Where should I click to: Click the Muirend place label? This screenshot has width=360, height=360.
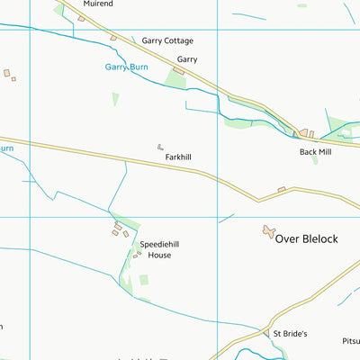pyautogui.click(x=99, y=4)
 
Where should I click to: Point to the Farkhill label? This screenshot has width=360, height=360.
pyautogui.click(x=178, y=157)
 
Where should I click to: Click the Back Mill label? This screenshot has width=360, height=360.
pyautogui.click(x=316, y=152)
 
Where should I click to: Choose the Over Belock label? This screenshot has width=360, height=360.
pyautogui.click(x=306, y=238)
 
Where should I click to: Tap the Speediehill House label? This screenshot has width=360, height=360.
pyautogui.click(x=154, y=249)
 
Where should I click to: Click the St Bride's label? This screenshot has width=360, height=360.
pyautogui.click(x=291, y=333)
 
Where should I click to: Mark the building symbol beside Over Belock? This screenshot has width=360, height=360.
pyautogui.click(x=268, y=232)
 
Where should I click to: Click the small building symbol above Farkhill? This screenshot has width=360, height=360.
pyautogui.click(x=160, y=146)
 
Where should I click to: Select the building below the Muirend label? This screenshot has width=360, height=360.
pyautogui.click(x=81, y=18)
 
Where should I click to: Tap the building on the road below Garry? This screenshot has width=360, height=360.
pyautogui.click(x=178, y=71)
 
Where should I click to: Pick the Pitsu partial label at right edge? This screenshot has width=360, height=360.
pyautogui.click(x=347, y=342)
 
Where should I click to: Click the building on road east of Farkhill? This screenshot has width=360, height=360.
pyautogui.click(x=282, y=189)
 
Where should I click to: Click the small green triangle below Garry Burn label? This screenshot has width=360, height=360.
pyautogui.click(x=115, y=98)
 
